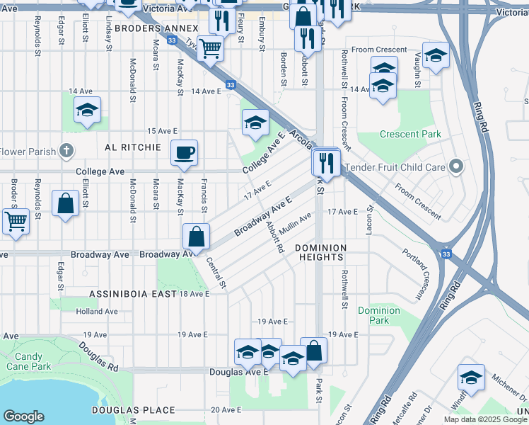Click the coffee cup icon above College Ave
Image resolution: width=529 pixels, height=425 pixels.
point(184,153)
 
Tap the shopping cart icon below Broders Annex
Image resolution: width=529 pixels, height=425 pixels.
point(211,49)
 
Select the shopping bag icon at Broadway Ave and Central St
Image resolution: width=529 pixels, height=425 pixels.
point(197,236)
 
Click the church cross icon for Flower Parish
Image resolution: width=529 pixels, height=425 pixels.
point(66,151)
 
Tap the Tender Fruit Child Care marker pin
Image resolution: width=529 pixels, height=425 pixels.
point(456,167)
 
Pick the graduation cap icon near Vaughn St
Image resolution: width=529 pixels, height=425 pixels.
point(436,56)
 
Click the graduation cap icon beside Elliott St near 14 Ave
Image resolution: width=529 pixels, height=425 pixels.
point(88,110)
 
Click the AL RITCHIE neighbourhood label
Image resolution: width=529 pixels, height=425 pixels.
point(133,147)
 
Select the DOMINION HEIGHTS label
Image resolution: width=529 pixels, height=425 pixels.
point(321,252)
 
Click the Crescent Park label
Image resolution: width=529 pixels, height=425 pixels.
point(410,134)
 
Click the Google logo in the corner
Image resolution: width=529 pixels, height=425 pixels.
point(24,416)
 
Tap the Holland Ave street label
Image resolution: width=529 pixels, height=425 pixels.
point(97,311)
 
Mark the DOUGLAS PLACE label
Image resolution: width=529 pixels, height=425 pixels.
point(133,410)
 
